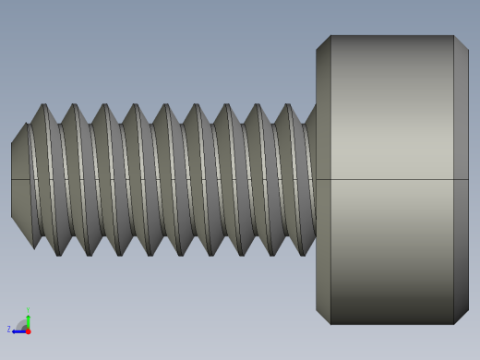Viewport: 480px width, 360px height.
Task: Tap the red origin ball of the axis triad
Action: tap(28, 330)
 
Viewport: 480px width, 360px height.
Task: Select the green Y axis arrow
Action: tap(28, 319)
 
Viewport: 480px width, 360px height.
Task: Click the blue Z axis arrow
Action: tap(18, 330)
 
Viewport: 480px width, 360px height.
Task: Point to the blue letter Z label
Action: tap(9, 329)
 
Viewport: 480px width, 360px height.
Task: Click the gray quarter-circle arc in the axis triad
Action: tap(21, 323)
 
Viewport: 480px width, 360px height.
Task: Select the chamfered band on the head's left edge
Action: tap(323, 180)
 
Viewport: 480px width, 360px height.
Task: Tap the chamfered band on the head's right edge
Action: tap(461, 180)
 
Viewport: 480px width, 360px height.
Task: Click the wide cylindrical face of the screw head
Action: tap(392, 180)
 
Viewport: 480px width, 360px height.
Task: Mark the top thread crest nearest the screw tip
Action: tap(43, 105)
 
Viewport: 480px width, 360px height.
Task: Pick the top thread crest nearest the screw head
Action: tap(288, 105)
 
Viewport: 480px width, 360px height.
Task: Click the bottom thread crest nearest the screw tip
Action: tap(57, 254)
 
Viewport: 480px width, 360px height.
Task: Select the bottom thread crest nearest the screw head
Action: tap(302, 254)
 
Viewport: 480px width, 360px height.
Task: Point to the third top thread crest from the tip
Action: tap(104, 105)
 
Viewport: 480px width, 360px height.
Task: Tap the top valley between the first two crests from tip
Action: tap(59, 124)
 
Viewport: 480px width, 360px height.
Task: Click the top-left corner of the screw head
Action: tap(330, 36)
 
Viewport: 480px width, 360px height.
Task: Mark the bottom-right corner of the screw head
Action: tap(454, 324)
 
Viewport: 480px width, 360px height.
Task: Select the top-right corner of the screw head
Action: tap(454, 36)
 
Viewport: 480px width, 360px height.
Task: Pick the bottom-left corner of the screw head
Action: tap(330, 324)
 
